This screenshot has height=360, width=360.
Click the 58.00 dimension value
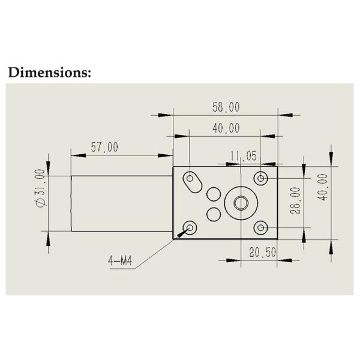226,107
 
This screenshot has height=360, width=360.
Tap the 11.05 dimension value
244,157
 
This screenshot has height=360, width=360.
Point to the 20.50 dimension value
262,253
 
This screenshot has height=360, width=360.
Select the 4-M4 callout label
121,262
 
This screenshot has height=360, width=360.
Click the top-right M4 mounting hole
260,178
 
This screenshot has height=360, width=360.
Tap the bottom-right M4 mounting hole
260,228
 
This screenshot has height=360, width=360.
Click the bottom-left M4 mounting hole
191,227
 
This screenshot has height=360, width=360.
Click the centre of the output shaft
241,203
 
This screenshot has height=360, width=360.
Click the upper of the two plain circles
214,194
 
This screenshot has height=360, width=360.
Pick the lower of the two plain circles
214,214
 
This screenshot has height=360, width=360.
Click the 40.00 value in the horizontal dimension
226,128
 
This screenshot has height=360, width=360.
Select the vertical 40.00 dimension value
323,187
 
